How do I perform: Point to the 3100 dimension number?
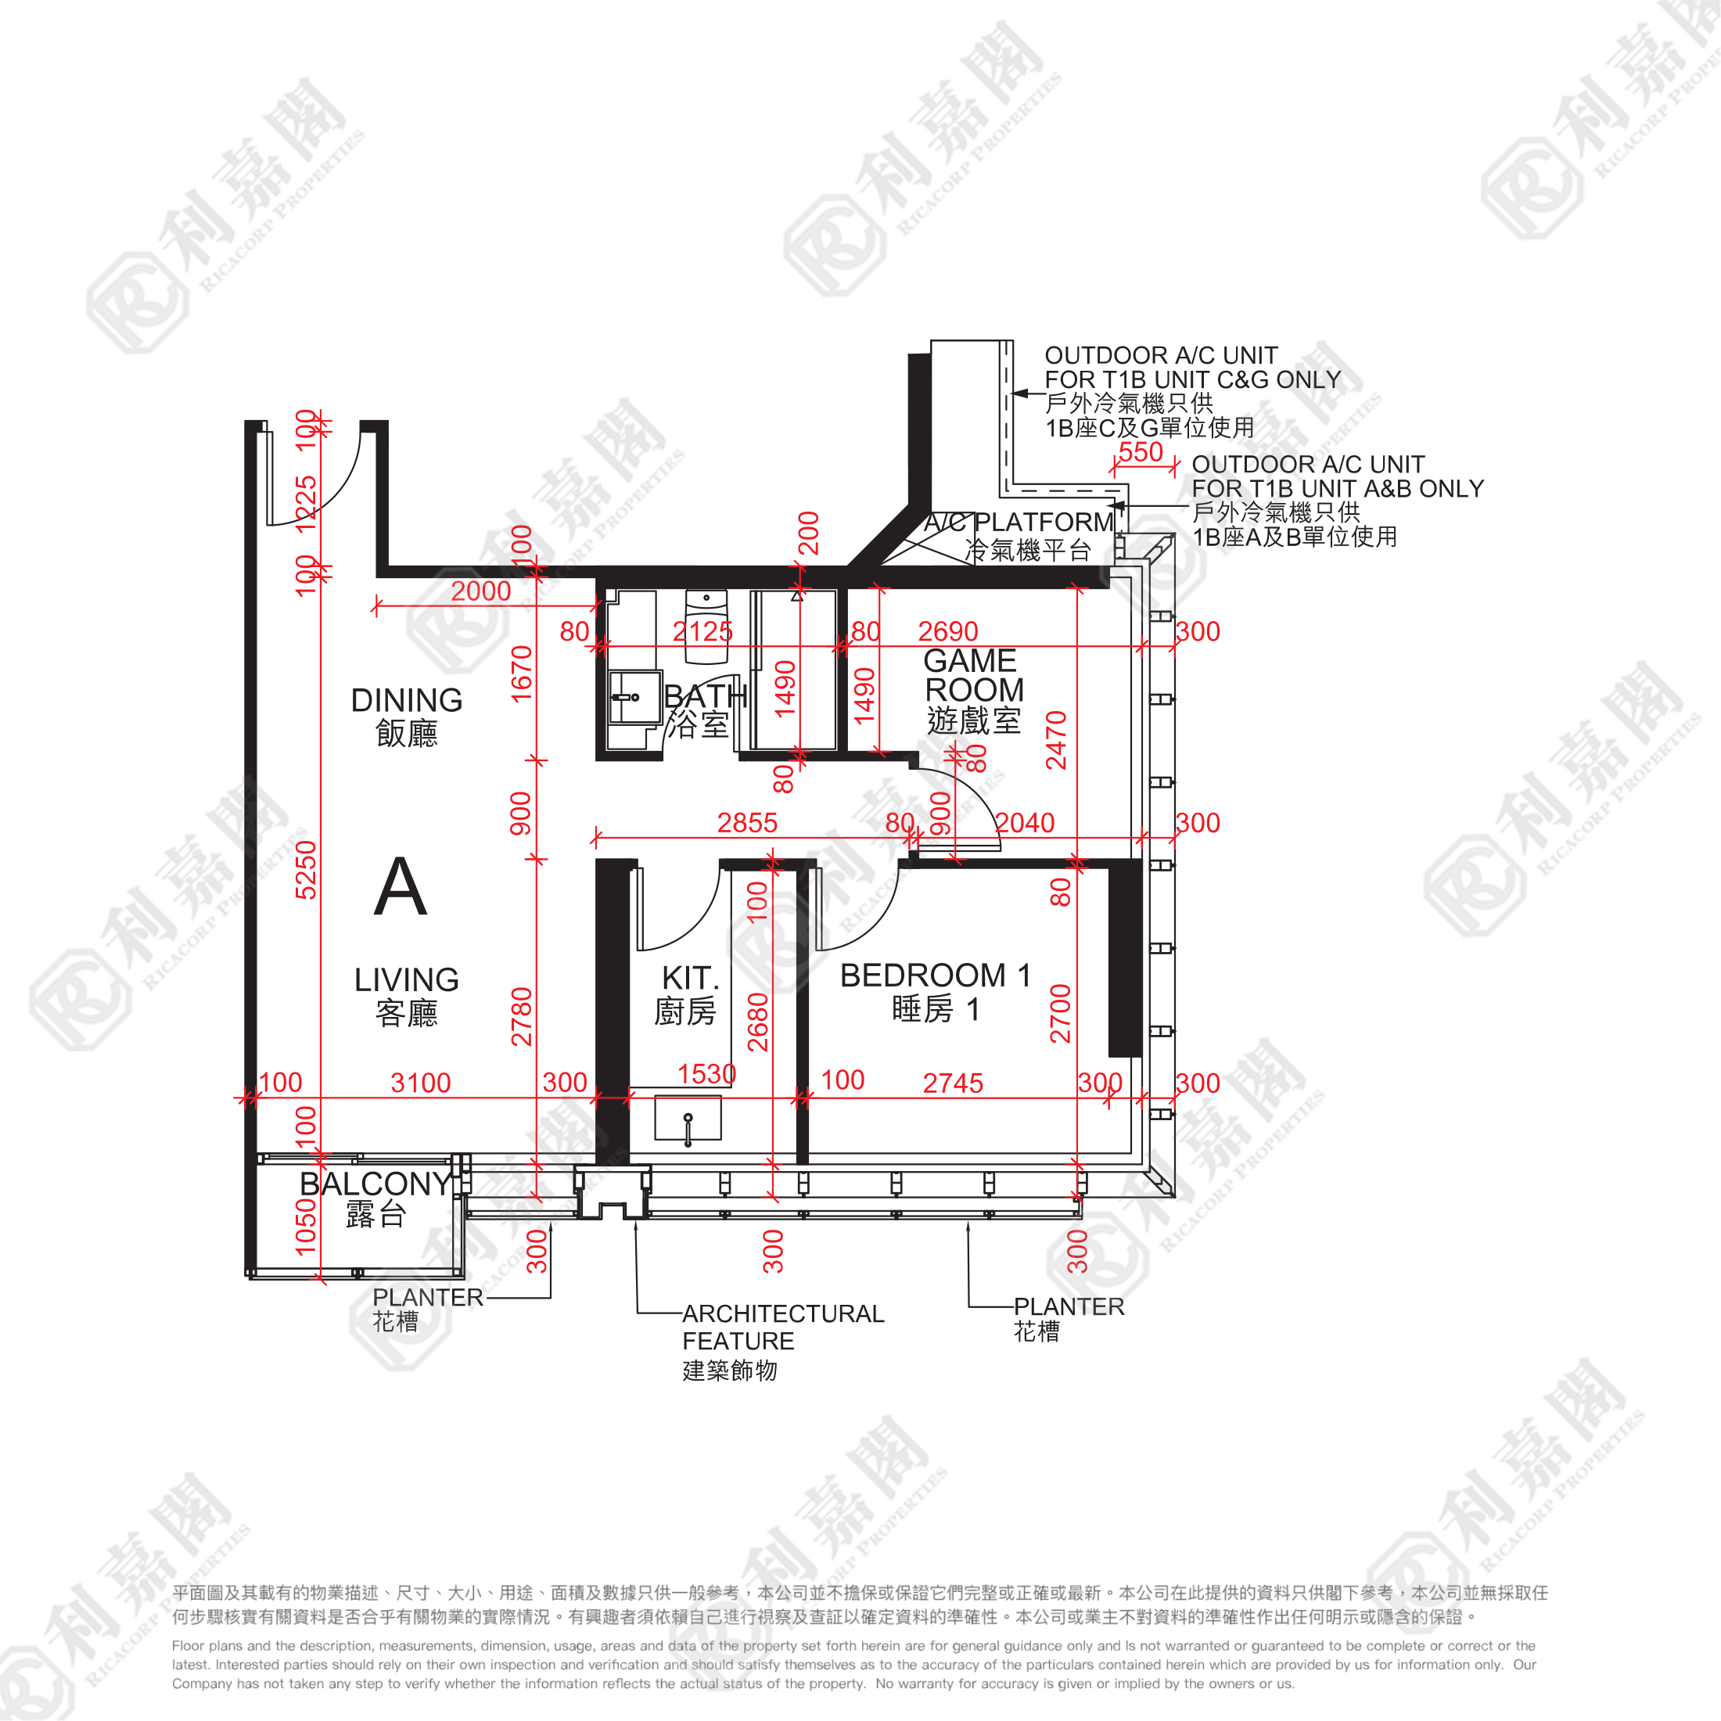pos(420,1083)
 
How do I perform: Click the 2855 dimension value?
pos(747,823)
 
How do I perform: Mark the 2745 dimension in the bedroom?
pos(953,1083)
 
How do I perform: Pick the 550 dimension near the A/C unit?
pos(1141,452)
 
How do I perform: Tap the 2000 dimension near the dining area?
pos(481,591)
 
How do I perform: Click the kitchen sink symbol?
pos(688,1119)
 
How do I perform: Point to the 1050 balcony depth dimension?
pos(306,1227)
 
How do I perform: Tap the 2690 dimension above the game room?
pos(948,631)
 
